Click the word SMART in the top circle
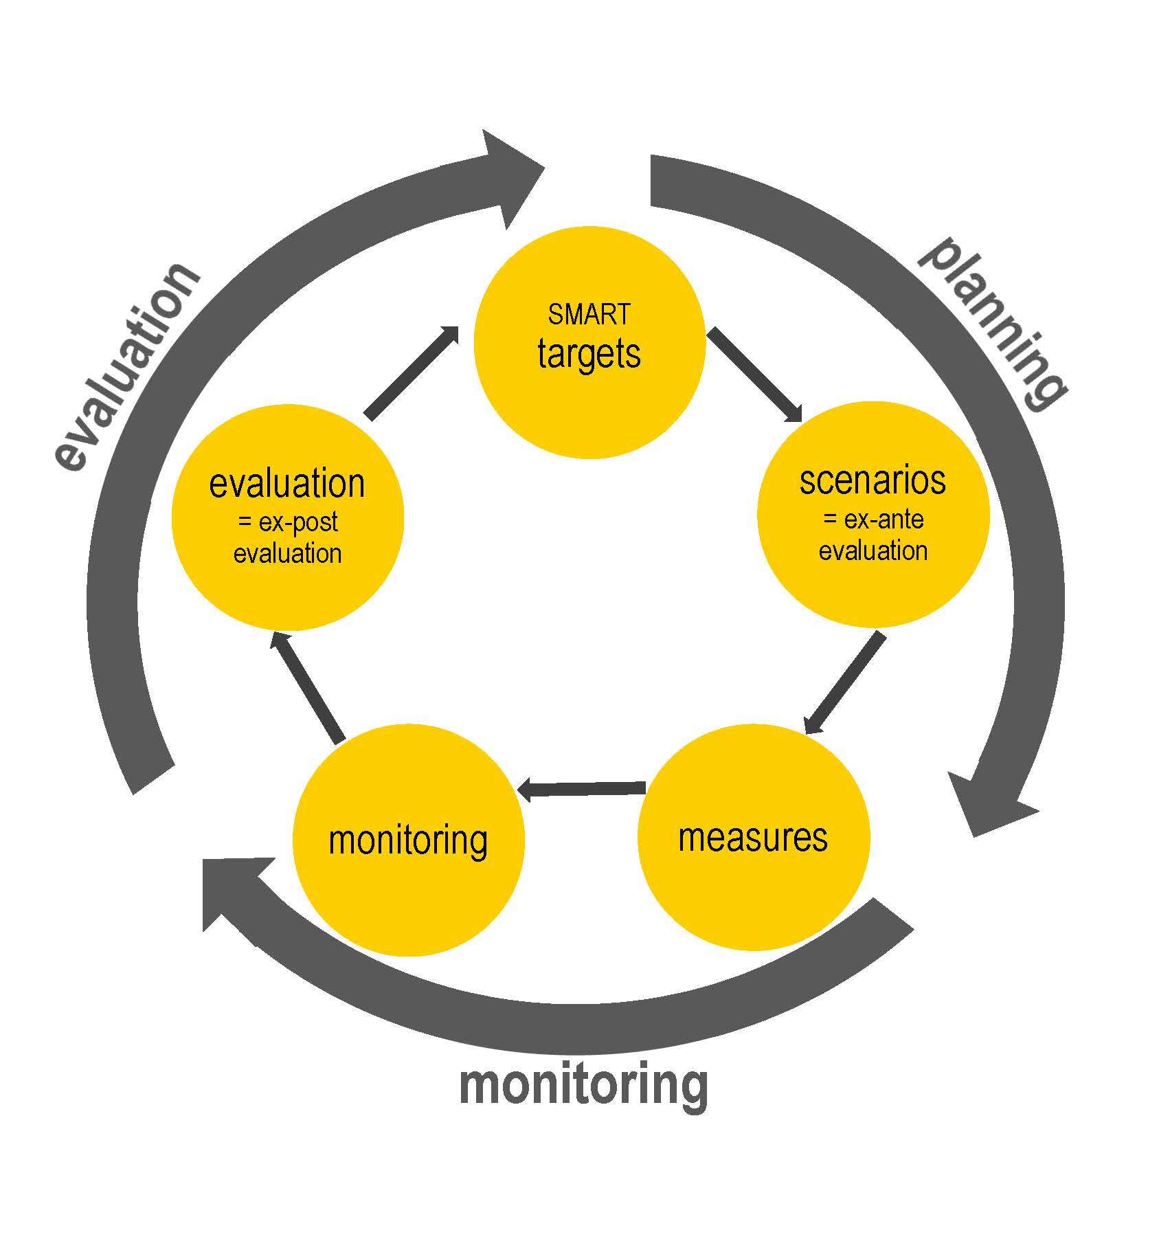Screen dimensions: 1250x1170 click(589, 314)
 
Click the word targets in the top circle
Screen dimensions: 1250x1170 click(589, 355)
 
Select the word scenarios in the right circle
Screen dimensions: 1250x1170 click(873, 480)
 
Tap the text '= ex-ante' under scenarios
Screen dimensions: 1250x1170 click(873, 520)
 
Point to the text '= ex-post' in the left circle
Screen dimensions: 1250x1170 click(287, 523)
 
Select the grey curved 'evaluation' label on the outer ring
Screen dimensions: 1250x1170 click(127, 368)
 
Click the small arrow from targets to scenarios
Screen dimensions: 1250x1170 click(756, 375)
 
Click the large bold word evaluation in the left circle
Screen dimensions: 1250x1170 click(287, 484)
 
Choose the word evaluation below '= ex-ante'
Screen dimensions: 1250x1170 click(873, 551)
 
